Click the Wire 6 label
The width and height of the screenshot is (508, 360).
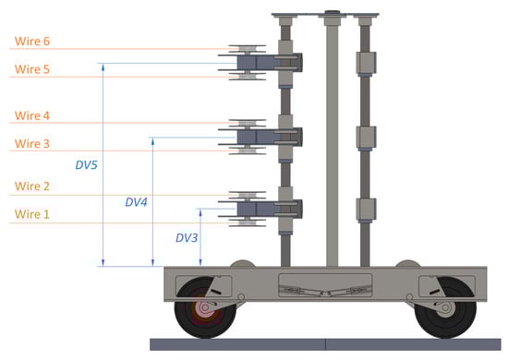tap(32, 42)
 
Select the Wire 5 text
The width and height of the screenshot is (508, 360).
tap(32, 69)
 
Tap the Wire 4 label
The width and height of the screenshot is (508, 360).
tap(32, 115)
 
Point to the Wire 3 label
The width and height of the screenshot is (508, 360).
tap(32, 143)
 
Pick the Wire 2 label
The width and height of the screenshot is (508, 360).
tap(32, 186)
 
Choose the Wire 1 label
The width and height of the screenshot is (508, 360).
tap(32, 214)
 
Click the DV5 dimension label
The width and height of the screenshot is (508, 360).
tap(86, 165)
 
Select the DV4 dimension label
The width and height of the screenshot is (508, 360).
tap(136, 202)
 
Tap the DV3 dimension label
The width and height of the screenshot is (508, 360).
tap(187, 238)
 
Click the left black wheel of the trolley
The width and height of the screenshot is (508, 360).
tap(205, 307)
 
